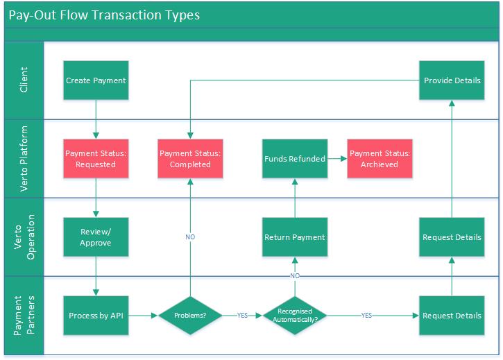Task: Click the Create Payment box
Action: tap(96, 80)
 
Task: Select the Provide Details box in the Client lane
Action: tap(452, 80)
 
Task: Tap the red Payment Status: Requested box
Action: tap(96, 159)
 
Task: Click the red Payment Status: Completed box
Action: tap(190, 159)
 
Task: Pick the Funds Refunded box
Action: tap(295, 159)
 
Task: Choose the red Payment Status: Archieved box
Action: tap(380, 159)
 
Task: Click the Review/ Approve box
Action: tap(96, 238)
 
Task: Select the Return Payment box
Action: tap(295, 238)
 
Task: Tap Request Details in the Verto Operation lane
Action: tap(452, 238)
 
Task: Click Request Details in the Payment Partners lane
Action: tap(452, 316)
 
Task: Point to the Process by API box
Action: tap(96, 316)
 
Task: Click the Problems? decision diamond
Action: tap(190, 316)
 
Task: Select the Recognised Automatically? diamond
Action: tap(295, 316)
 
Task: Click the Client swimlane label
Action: tap(24, 80)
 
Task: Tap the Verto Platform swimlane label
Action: tap(24, 159)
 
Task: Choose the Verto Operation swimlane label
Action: tap(24, 237)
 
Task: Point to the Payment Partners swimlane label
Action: tap(24, 316)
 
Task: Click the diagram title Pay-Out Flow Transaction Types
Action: tap(104, 14)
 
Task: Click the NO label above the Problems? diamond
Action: tap(190, 237)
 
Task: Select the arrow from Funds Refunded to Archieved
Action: tap(337, 159)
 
